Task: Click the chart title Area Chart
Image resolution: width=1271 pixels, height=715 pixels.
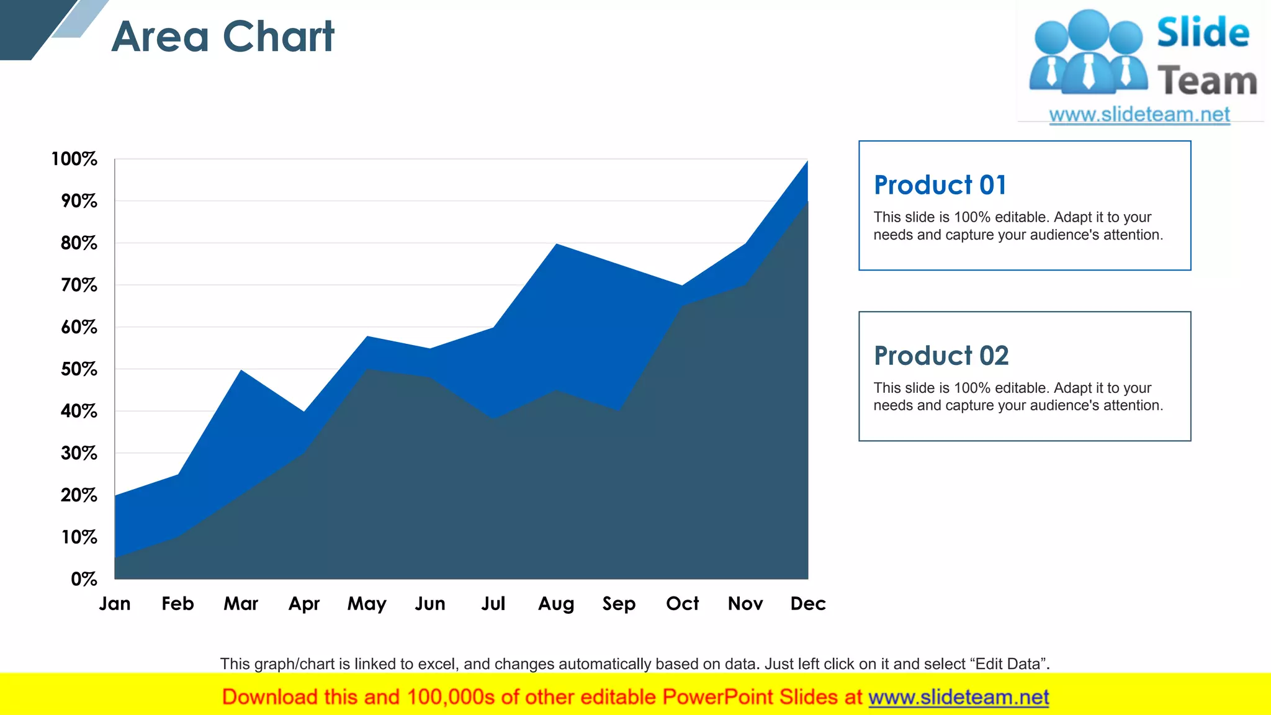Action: coord(223,37)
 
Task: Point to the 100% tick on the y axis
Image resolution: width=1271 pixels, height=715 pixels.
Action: coord(74,159)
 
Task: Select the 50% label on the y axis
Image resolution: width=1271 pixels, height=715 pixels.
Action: coord(79,369)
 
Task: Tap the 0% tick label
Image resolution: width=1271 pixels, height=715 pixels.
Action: coord(84,579)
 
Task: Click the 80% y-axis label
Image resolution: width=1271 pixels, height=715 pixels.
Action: coord(79,243)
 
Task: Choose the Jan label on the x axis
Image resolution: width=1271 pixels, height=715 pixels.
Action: coord(115,603)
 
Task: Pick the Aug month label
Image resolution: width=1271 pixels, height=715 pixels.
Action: coord(556,603)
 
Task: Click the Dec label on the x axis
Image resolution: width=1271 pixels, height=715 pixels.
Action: coord(808,603)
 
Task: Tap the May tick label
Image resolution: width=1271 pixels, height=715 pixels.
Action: coord(367,603)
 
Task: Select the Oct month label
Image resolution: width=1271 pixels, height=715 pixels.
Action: coord(682,603)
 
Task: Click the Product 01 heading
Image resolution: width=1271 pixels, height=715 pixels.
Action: coord(940,185)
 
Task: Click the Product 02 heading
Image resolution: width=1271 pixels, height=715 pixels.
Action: coord(941,356)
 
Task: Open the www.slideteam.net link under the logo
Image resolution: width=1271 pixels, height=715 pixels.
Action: coord(1139,114)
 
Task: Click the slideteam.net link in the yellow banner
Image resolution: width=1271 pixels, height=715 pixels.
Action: coord(958,697)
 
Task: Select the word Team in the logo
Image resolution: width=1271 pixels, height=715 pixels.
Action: coord(1207,81)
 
